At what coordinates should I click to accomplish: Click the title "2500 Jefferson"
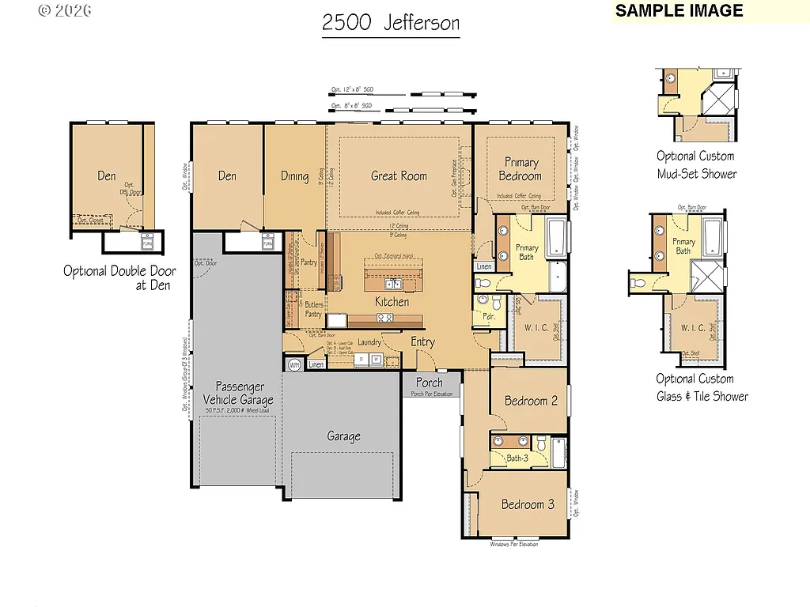[391, 23]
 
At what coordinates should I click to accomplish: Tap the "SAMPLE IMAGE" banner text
[679, 10]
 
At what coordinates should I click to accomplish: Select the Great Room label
[399, 176]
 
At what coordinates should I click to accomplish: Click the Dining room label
[294, 176]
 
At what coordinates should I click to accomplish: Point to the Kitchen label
[392, 302]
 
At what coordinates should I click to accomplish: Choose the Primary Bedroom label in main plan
[520, 169]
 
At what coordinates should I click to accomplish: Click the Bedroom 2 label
[530, 401]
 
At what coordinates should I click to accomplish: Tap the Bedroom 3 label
[528, 504]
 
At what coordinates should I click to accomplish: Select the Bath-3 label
[517, 458]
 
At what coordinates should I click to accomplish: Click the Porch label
[430, 383]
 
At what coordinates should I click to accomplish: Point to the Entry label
[422, 341]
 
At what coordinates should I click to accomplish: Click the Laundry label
[369, 342]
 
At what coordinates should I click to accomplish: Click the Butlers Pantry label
[313, 309]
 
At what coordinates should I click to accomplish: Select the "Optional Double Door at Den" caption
[119, 278]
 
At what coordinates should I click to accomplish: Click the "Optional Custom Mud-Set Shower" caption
[696, 165]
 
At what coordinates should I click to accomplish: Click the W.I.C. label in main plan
[536, 327]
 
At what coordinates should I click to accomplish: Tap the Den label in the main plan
[227, 176]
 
